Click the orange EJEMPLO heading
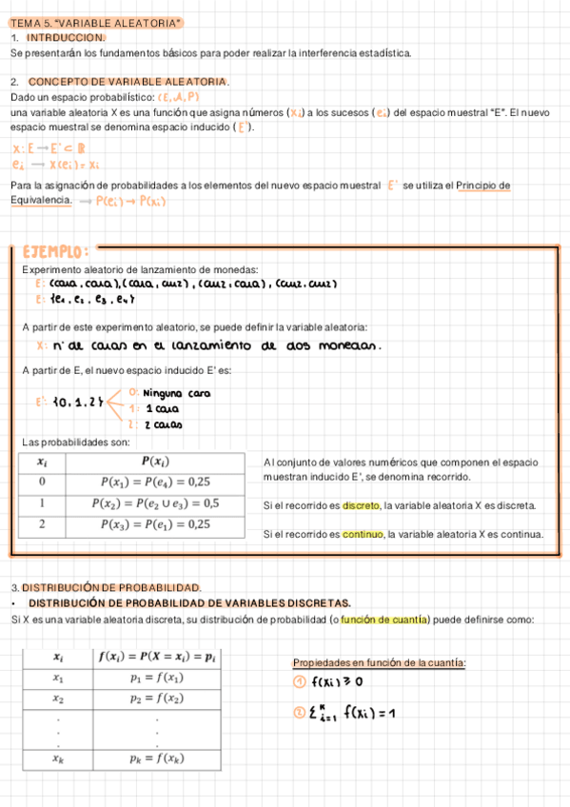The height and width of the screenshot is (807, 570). point(56,251)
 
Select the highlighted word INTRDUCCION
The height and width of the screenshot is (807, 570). point(66,37)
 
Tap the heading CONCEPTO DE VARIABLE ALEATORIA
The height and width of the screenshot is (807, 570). point(128,82)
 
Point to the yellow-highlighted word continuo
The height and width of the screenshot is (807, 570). point(362,534)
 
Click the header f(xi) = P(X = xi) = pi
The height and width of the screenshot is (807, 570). point(158,657)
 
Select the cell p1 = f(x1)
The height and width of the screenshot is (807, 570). point(158,678)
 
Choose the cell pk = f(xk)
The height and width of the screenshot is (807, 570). point(158,758)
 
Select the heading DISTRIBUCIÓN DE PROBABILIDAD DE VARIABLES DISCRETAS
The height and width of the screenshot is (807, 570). point(189,603)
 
